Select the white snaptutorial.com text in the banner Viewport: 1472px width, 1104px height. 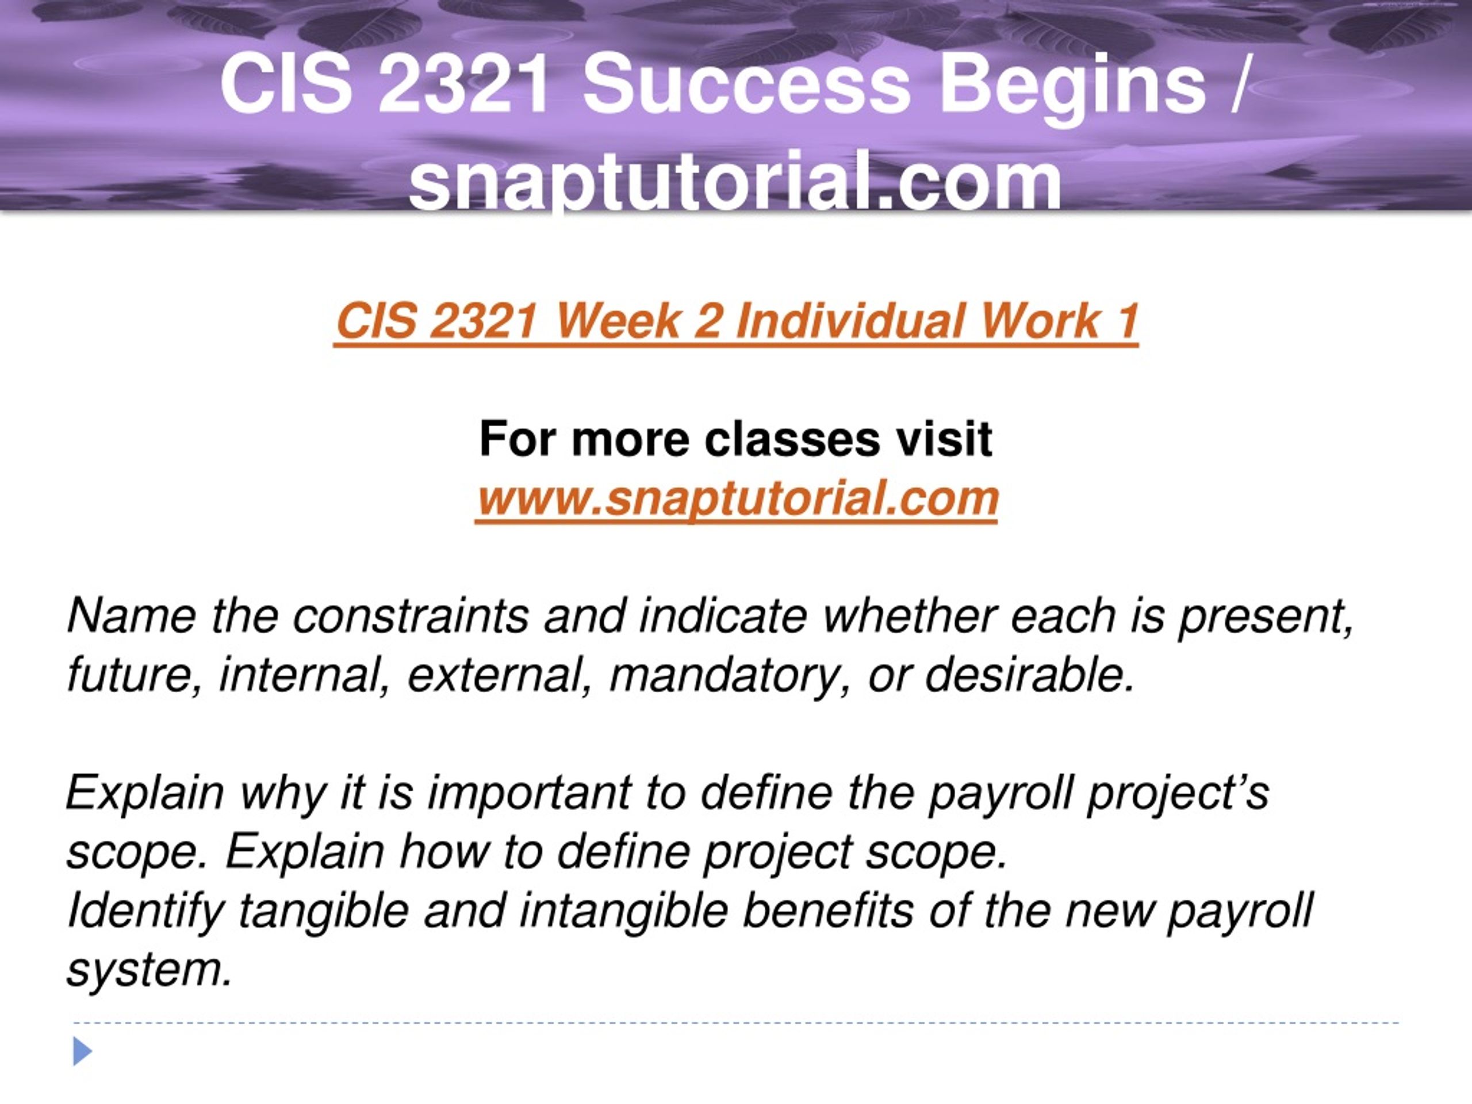point(735,181)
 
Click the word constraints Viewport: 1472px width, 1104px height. point(411,616)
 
